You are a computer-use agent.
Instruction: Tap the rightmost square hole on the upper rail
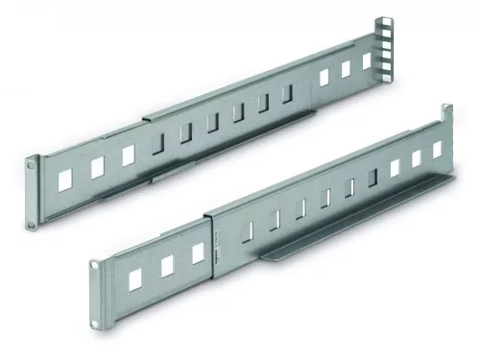(x=367, y=60)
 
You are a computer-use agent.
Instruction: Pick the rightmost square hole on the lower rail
(x=438, y=150)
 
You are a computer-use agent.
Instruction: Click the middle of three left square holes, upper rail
(x=96, y=166)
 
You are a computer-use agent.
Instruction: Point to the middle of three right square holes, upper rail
(x=346, y=69)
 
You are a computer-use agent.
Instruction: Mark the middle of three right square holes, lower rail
(x=417, y=159)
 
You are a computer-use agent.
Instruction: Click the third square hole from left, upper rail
(x=128, y=155)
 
